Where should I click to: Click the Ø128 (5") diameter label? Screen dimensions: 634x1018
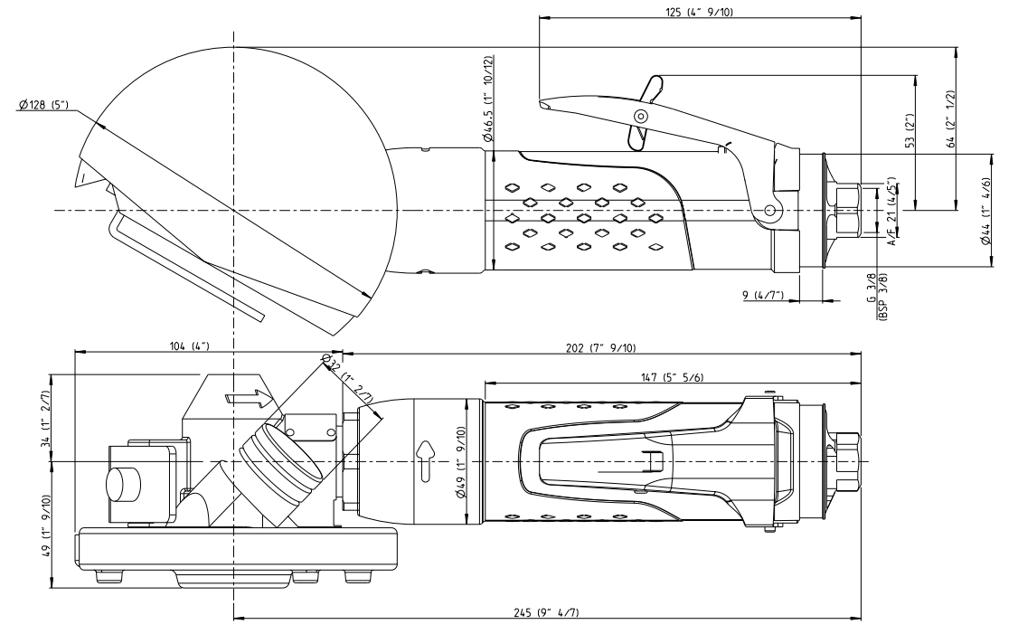[x=43, y=106]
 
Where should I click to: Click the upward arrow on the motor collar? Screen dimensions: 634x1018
[x=424, y=455]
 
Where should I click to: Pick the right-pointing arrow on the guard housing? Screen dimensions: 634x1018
[x=249, y=396]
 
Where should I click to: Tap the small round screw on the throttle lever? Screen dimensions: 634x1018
[x=640, y=115]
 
